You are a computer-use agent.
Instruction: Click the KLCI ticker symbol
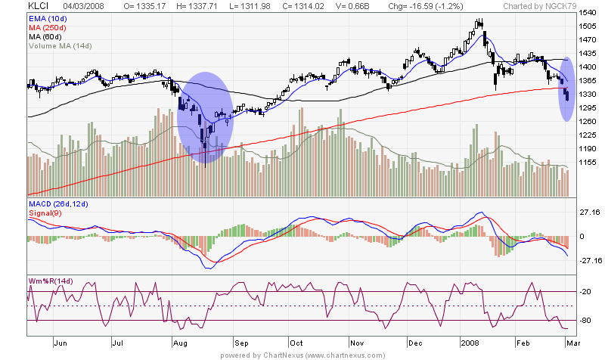pos(38,6)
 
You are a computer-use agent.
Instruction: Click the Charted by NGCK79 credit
pos(534,6)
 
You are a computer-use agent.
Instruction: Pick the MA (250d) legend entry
pos(49,27)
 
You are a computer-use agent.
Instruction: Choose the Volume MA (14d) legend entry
pos(60,46)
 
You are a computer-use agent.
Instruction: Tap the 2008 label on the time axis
pos(470,342)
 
